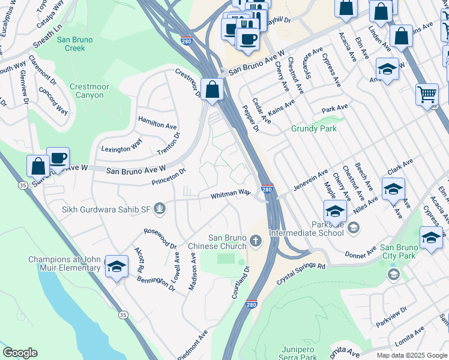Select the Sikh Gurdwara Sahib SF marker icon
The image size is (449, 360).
[x=160, y=209]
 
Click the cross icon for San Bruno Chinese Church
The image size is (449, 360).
[x=256, y=241]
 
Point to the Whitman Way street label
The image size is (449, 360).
[x=230, y=194]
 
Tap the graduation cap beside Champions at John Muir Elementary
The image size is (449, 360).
[x=116, y=265]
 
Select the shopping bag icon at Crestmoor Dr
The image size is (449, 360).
[x=212, y=90]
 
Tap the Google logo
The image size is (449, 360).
[x=20, y=353]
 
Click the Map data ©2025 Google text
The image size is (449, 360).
[x=412, y=355]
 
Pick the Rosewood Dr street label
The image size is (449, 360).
[x=160, y=238]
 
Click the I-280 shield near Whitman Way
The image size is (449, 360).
[x=268, y=189]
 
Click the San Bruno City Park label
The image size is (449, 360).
[x=406, y=252]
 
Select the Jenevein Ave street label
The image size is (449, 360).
[x=310, y=180]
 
